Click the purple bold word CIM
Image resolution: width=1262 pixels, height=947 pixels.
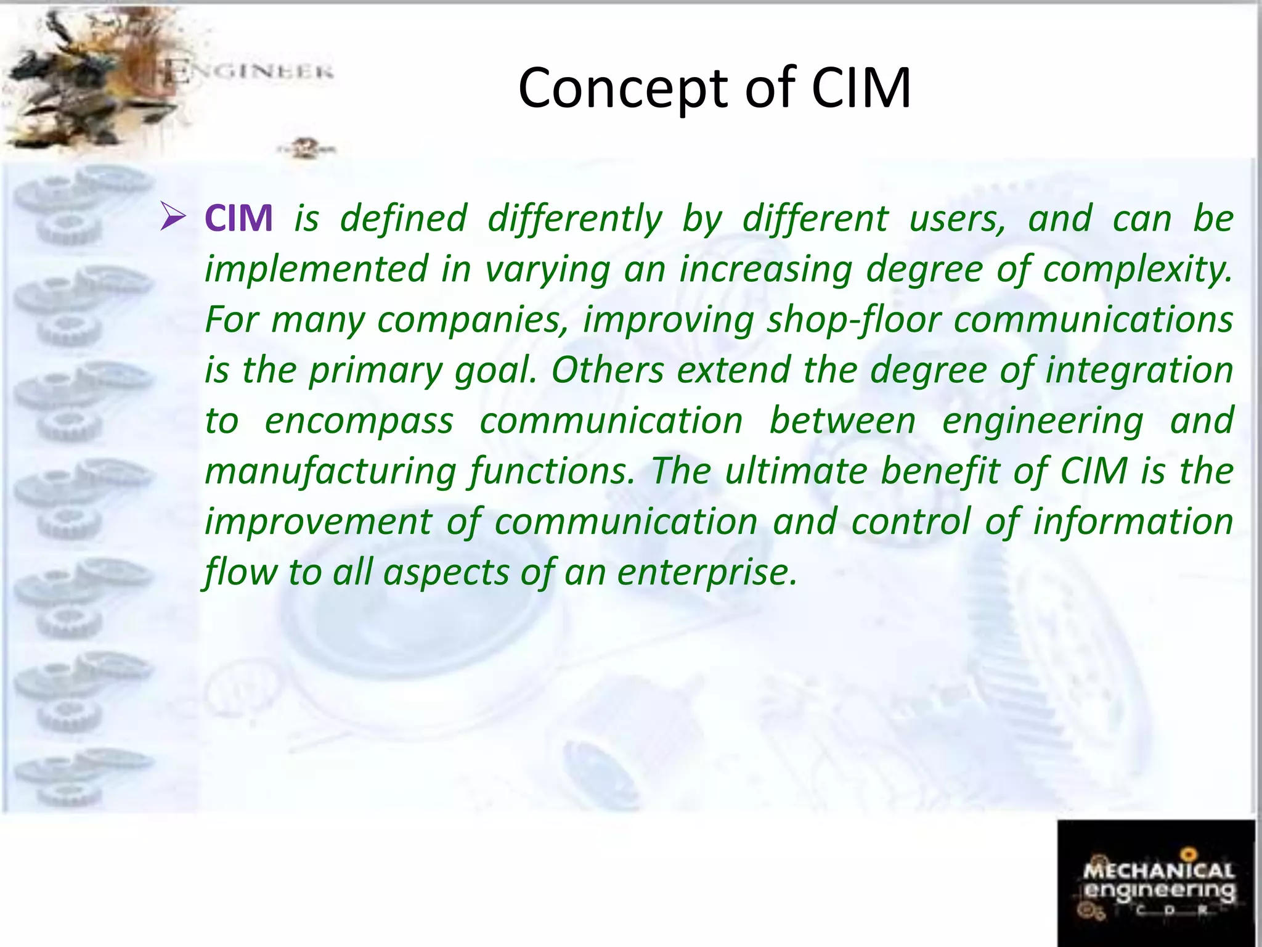[238, 218]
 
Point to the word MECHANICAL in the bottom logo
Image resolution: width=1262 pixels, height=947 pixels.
[1158, 871]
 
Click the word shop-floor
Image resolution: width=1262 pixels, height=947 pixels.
[854, 320]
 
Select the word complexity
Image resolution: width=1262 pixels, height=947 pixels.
[1137, 269]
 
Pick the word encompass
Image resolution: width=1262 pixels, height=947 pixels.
[359, 421]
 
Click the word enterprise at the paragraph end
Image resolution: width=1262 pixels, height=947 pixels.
[707, 573]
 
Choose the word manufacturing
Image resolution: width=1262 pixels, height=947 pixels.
[330, 472]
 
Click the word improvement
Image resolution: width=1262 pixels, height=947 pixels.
[319, 522]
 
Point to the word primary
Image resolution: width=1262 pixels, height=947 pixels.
[375, 371]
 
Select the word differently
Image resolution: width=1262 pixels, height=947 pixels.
[574, 219]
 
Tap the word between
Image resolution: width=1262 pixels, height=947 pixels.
[842, 421]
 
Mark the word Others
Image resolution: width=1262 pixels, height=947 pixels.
[607, 371]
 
